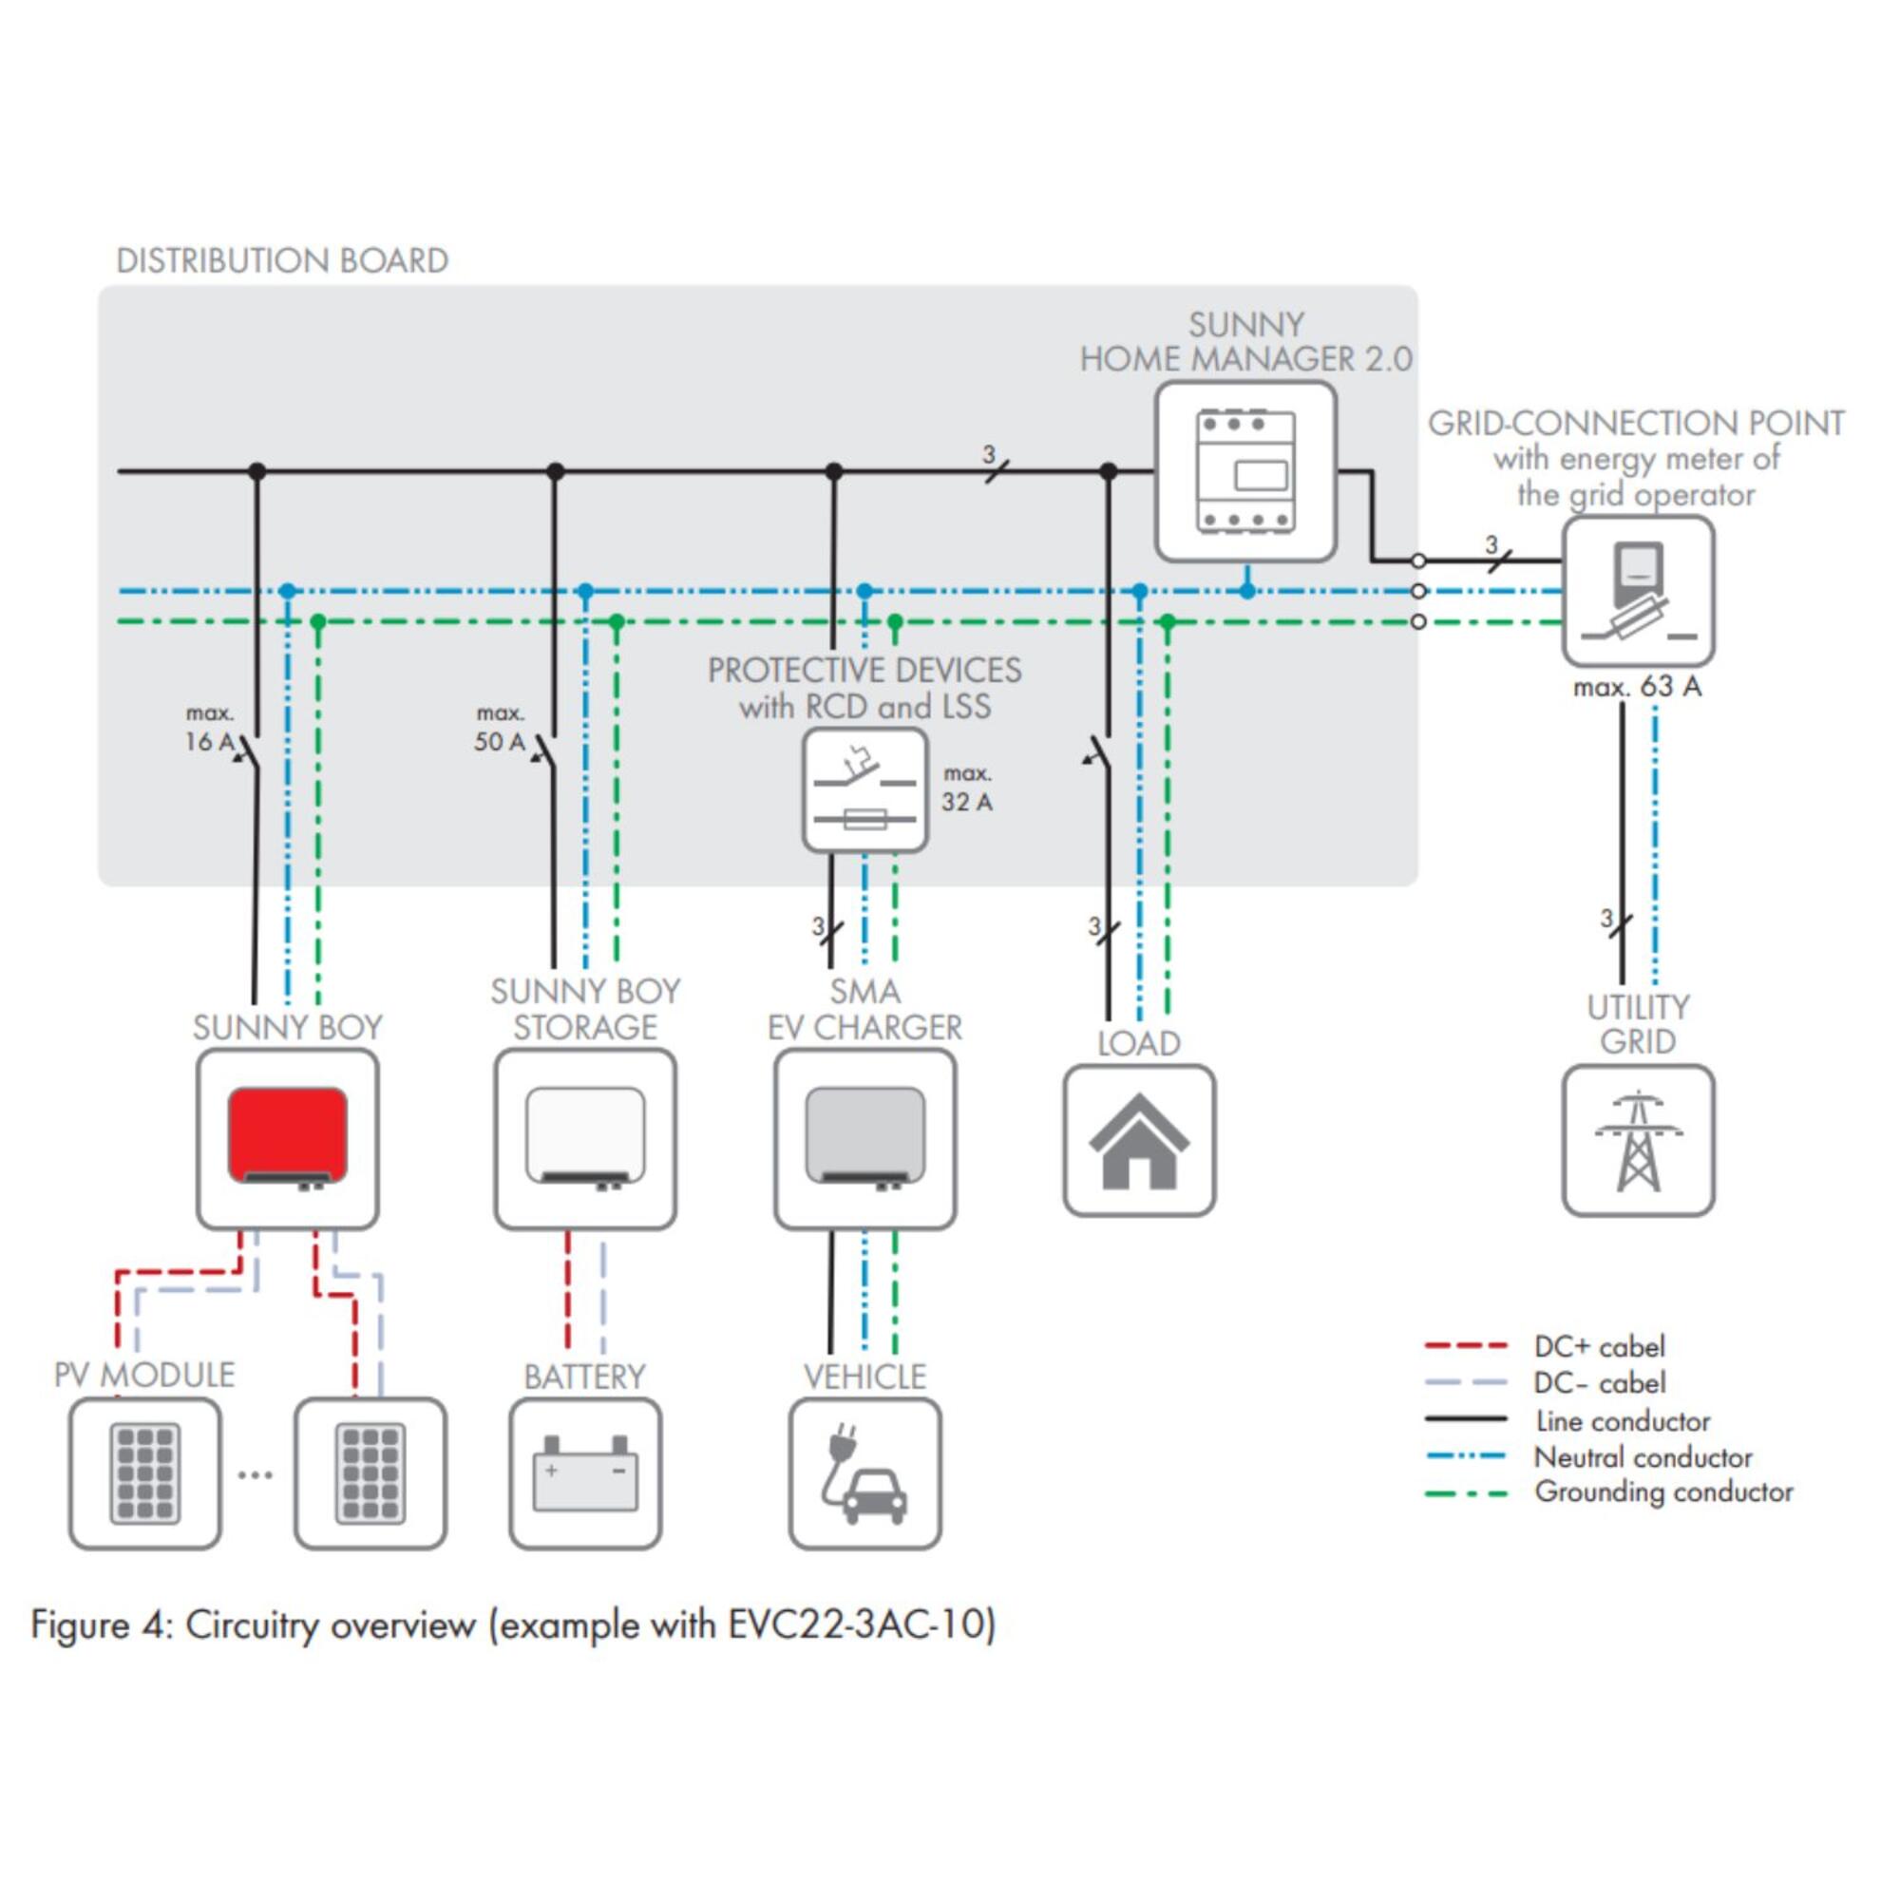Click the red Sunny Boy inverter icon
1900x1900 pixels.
point(287,1139)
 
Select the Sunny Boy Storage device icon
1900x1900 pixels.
point(585,1139)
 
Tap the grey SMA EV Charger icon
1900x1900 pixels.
point(864,1139)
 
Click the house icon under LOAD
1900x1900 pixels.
point(1139,1141)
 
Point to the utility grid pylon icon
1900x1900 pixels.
point(1638,1141)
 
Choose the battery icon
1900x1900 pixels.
point(585,1473)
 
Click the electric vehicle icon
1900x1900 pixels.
point(864,1473)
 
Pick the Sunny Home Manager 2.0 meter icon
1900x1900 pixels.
point(1245,472)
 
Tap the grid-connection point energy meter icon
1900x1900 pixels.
point(1638,591)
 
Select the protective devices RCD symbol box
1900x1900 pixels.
point(864,789)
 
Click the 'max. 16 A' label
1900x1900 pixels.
point(209,728)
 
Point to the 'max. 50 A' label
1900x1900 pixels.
point(500,728)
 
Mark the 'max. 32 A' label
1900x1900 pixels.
point(967,788)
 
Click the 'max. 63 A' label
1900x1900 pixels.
point(1637,687)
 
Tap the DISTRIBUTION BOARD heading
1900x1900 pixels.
point(282,260)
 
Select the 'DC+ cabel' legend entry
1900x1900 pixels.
point(1599,1346)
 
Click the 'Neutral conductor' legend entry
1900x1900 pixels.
point(1643,1456)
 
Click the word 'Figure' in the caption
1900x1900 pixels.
point(82,1624)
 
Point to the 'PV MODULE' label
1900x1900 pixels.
point(144,1374)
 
